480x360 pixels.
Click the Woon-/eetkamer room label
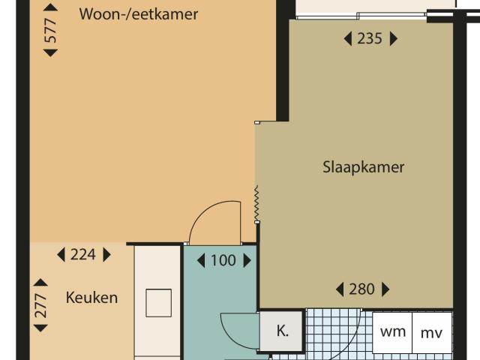click(x=139, y=13)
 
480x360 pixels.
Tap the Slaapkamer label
click(x=363, y=166)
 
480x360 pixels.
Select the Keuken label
click(x=91, y=297)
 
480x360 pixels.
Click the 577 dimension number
click(x=50, y=30)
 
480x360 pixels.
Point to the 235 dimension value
click(x=369, y=39)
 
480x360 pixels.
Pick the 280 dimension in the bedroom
click(x=361, y=289)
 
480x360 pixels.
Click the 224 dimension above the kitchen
click(x=82, y=255)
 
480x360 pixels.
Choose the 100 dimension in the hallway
click(x=223, y=261)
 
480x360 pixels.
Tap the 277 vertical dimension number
click(x=41, y=310)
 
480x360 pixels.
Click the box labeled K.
click(x=283, y=331)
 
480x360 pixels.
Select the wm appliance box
click(x=392, y=331)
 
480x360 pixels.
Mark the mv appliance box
click(x=432, y=332)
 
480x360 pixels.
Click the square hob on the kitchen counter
click(x=159, y=302)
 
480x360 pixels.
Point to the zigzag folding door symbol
click(x=256, y=204)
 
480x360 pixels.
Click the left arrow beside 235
click(x=347, y=39)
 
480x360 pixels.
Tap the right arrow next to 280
click(x=386, y=289)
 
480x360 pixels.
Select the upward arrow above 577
click(x=50, y=7)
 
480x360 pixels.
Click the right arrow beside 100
click(x=246, y=261)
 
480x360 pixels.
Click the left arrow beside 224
click(x=61, y=255)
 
